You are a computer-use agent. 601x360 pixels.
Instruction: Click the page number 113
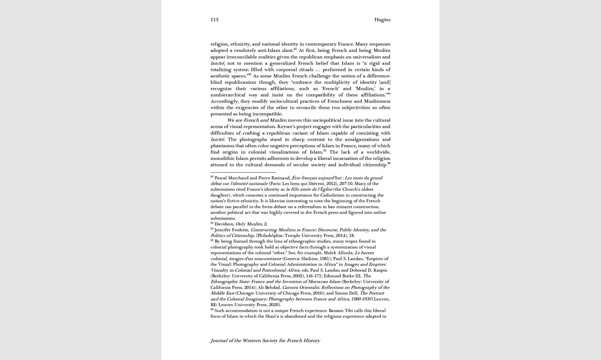[x=214, y=20]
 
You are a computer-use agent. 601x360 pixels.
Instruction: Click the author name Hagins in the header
[x=382, y=20]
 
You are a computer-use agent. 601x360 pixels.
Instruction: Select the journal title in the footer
[x=265, y=341]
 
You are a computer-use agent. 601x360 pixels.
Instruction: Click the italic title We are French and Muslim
[x=257, y=120]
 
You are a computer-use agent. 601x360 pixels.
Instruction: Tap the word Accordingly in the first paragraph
[x=224, y=101]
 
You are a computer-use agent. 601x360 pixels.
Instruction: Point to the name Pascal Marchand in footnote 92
[x=231, y=178]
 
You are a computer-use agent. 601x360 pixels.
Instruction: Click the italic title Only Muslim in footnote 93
[x=249, y=224]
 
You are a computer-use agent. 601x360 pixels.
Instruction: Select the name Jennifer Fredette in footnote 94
[x=231, y=230]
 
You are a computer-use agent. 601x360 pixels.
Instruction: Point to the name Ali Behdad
[x=269, y=288]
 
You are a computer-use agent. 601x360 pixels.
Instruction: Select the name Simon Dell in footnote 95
[x=346, y=293]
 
